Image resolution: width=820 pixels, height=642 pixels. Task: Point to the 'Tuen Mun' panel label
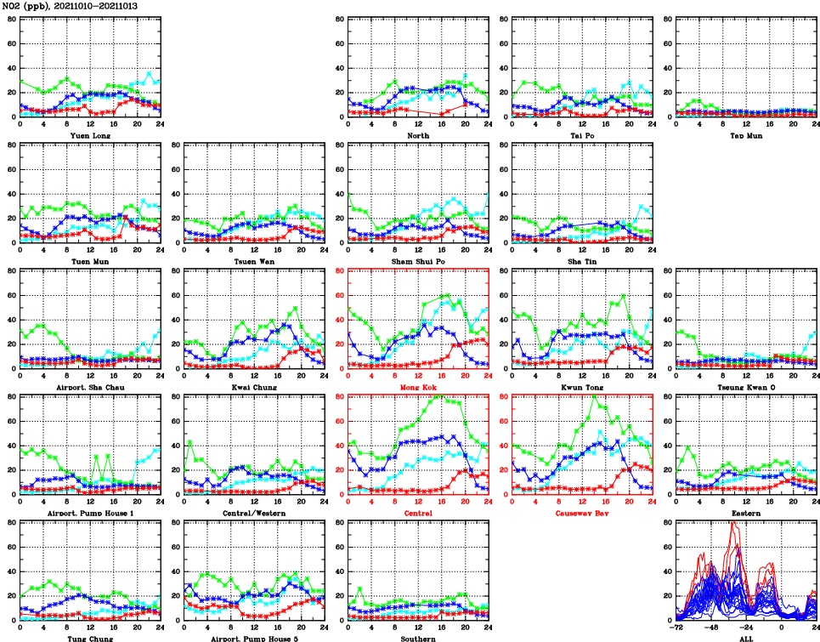point(89,261)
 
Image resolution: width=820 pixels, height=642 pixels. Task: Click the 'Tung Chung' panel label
point(89,639)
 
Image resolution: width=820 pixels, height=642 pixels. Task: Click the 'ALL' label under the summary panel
point(746,639)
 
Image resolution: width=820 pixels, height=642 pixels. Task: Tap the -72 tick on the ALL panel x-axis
point(676,628)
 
